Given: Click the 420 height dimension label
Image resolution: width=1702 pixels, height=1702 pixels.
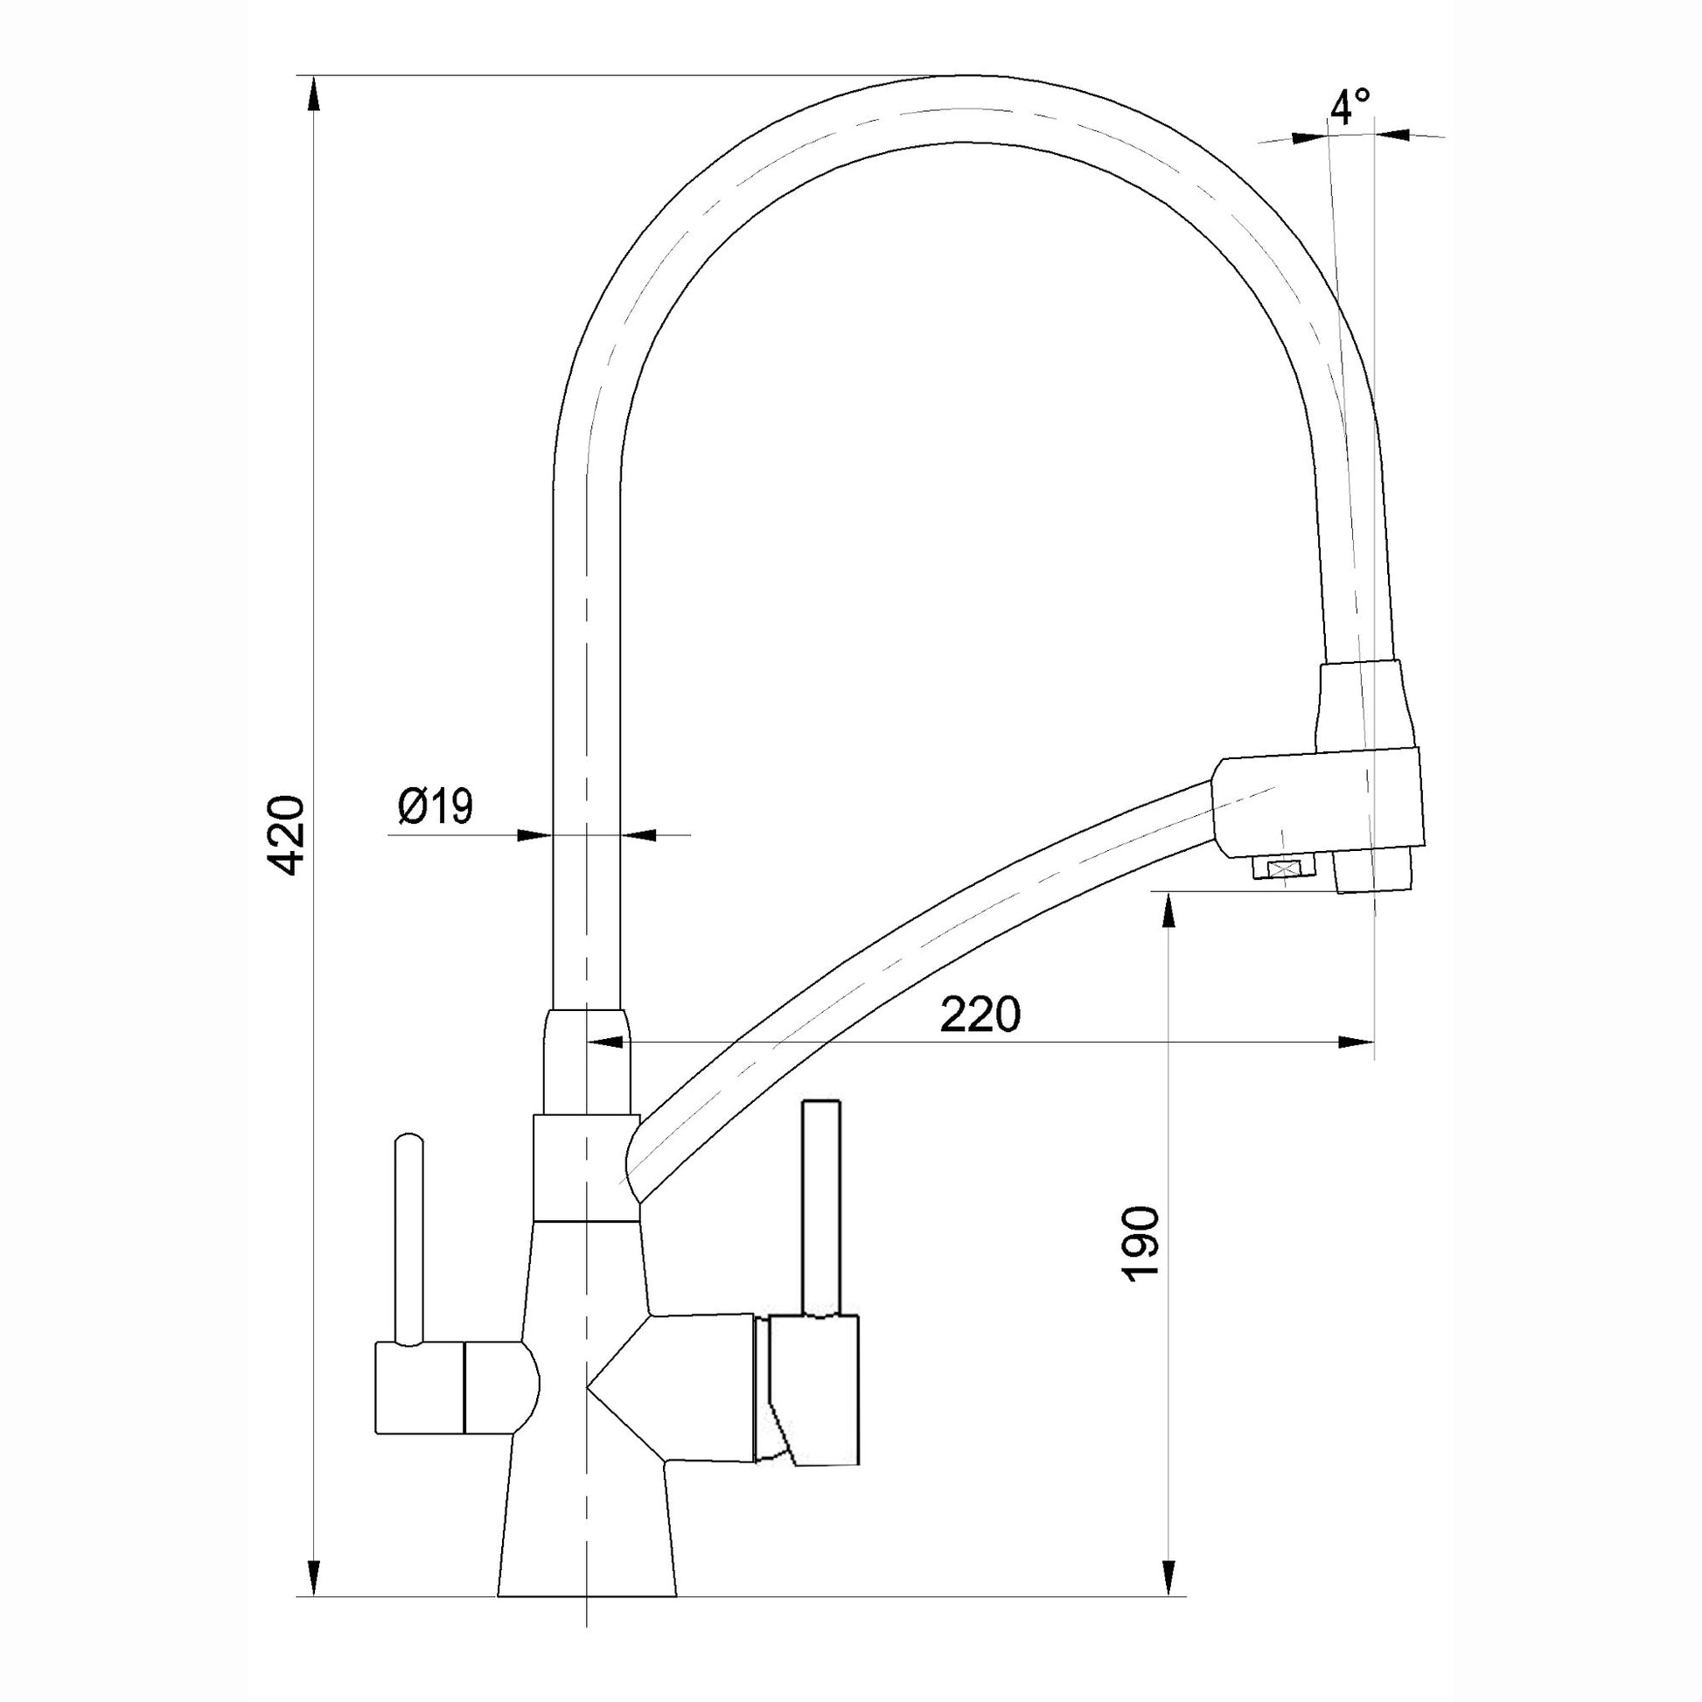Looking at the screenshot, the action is click(288, 835).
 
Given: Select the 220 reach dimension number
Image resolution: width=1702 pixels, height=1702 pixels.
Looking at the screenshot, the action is click(980, 1015).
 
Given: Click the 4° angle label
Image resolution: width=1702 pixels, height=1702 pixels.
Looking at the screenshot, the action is click(1350, 107).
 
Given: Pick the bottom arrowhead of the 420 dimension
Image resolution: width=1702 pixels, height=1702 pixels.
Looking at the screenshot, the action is click(314, 1602).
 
